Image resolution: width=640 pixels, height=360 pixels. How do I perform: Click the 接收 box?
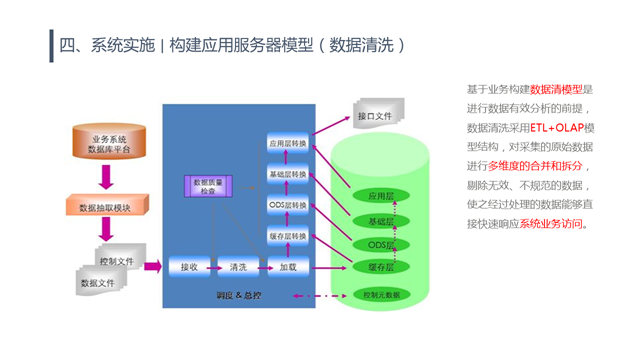[x=189, y=267]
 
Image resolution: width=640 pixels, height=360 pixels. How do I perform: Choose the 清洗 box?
[x=238, y=267]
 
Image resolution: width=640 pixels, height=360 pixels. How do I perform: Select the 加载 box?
[x=288, y=267]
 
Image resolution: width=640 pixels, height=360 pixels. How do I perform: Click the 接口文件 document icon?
[x=379, y=116]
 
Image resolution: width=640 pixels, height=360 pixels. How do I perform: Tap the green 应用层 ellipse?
[x=381, y=196]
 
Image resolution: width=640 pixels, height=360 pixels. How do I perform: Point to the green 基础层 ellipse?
[x=381, y=220]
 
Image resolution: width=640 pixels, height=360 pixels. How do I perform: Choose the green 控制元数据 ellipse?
[x=381, y=296]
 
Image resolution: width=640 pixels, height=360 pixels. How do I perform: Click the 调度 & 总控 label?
[x=238, y=296]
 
